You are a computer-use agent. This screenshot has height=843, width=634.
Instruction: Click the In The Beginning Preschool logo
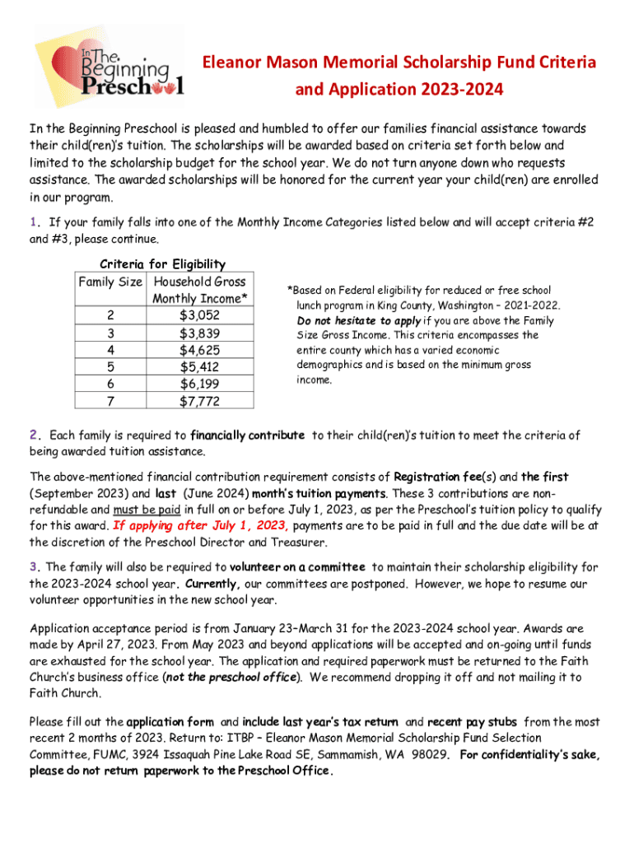coord(107,71)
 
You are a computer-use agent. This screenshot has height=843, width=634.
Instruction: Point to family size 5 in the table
coord(110,367)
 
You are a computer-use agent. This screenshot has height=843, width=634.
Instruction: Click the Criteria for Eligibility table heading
coord(162,263)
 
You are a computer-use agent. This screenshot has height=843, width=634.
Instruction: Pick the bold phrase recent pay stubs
coord(473,722)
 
